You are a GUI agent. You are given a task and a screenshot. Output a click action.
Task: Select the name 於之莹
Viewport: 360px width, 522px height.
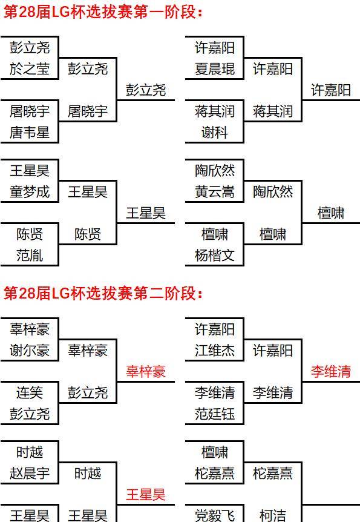30,69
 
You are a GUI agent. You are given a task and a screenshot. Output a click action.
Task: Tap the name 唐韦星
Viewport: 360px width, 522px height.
30,133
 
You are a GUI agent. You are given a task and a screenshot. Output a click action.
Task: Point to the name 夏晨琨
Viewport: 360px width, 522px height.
215,69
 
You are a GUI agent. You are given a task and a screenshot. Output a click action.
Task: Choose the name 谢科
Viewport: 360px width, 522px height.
215,133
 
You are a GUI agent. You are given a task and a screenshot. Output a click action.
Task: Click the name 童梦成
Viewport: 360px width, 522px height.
30,192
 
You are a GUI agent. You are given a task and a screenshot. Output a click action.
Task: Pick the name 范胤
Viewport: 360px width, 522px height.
30,256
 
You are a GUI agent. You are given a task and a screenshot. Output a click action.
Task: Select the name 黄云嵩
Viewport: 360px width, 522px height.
215,192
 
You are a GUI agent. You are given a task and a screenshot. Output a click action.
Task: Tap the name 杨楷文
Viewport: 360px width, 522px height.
215,256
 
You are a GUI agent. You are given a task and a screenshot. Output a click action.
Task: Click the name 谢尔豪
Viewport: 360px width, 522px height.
30,350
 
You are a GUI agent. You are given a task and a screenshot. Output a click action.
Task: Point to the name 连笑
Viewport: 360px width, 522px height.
30,392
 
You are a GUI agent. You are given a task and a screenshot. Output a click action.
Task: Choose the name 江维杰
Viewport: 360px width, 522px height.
215,350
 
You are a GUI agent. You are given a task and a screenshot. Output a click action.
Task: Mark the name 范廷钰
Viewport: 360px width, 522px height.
215,414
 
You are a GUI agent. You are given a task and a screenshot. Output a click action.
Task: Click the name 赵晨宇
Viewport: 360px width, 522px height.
30,473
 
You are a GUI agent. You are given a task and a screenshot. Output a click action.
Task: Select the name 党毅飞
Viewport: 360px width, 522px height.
215,515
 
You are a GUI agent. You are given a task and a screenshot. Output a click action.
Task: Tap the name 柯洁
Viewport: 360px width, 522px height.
272,515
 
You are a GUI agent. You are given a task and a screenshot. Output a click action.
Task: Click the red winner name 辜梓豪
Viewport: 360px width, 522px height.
146,372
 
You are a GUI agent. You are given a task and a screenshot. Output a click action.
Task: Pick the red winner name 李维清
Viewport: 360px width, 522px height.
331,372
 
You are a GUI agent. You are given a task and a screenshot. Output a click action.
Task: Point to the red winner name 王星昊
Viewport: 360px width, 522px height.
146,494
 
